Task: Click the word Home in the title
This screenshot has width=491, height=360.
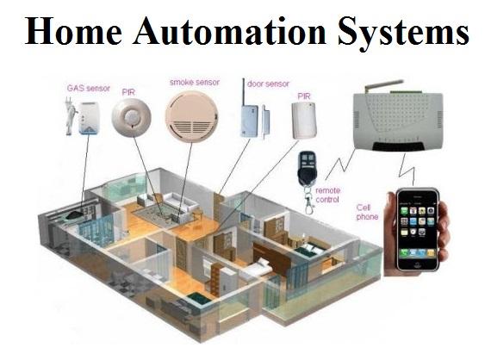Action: [73, 30]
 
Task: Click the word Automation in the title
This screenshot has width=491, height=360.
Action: [230, 30]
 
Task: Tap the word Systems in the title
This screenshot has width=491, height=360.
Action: [403, 33]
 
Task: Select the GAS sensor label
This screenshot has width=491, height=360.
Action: [89, 89]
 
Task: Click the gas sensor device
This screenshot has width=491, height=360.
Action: [84, 118]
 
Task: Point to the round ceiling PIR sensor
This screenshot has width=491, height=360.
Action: [132, 117]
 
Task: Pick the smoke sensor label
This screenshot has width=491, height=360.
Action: [195, 83]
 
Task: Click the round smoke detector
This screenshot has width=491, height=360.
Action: [191, 117]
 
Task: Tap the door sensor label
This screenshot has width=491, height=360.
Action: [268, 84]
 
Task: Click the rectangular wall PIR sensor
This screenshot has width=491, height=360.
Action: [304, 121]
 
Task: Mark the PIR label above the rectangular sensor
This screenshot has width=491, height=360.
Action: [304, 96]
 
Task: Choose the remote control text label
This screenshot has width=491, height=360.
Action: [328, 195]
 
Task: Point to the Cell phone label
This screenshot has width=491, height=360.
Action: [367, 212]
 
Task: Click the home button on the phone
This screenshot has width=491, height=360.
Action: [418, 264]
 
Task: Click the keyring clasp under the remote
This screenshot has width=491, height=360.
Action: [308, 203]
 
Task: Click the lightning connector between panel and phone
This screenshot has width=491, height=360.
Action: [407, 170]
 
